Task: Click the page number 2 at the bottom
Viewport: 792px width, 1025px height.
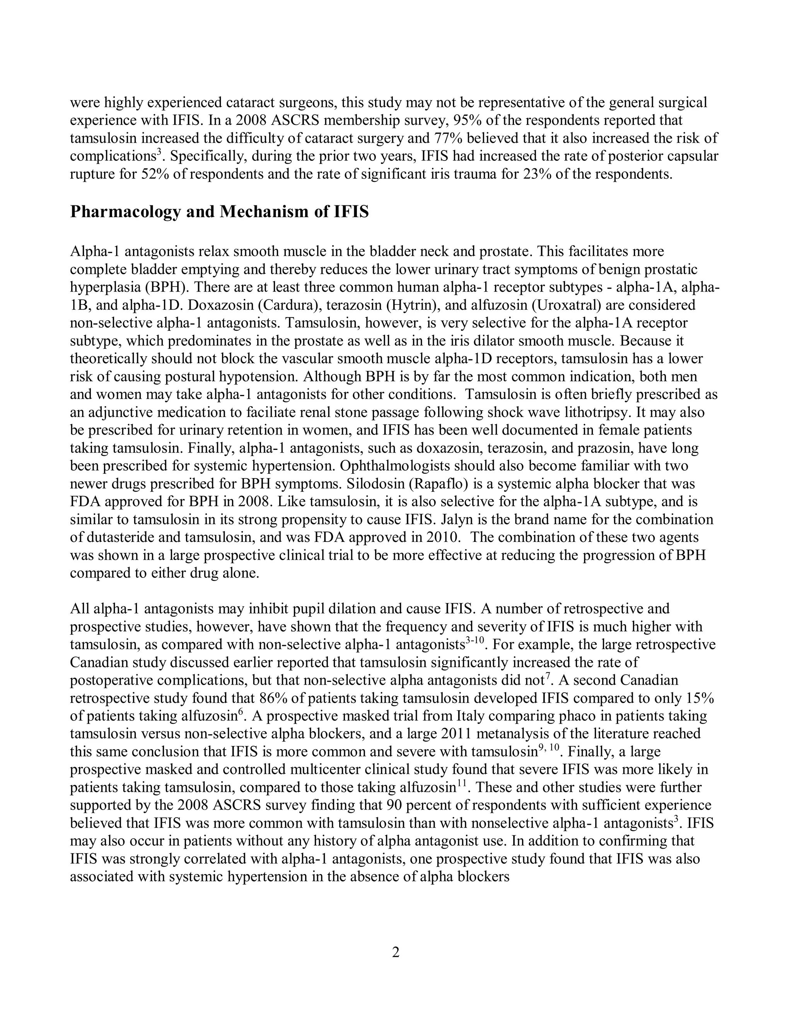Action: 396,952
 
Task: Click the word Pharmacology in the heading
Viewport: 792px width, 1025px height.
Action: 125,212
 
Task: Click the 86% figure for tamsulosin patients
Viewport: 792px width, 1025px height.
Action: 273,698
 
